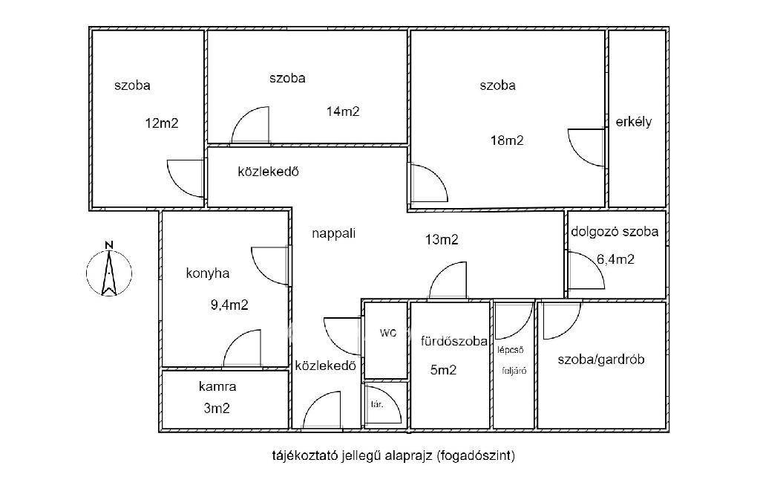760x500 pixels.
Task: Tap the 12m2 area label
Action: (x=162, y=123)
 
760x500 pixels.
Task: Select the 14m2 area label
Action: (x=343, y=111)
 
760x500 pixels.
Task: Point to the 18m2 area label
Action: (x=507, y=140)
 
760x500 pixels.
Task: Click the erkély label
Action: (x=634, y=121)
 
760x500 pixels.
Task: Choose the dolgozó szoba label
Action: (x=615, y=231)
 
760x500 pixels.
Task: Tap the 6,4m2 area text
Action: (x=615, y=259)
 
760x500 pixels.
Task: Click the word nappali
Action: (x=333, y=234)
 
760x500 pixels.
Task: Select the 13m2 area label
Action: (x=442, y=239)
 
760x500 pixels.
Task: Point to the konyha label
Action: (x=208, y=273)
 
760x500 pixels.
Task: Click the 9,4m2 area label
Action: (x=229, y=305)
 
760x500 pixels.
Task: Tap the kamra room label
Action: (x=217, y=386)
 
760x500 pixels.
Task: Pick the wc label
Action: (x=387, y=333)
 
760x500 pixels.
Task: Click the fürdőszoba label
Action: (x=454, y=342)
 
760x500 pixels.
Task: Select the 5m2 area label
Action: (x=444, y=371)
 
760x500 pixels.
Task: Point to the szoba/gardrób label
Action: (x=601, y=360)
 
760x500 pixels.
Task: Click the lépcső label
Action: (x=511, y=350)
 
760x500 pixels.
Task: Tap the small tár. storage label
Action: (x=377, y=404)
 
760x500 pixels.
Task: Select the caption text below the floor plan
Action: (x=393, y=456)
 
